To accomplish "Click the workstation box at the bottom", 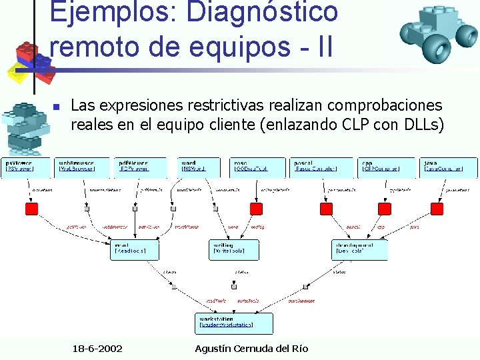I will (x=234, y=323).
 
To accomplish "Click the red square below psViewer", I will (x=31, y=209).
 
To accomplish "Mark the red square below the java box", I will (x=437, y=209).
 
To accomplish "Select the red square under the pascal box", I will (x=326, y=209).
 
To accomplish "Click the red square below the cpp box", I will (x=385, y=209).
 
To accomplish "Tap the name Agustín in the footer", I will (x=216, y=349).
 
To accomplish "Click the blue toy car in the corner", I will (x=430, y=33).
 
